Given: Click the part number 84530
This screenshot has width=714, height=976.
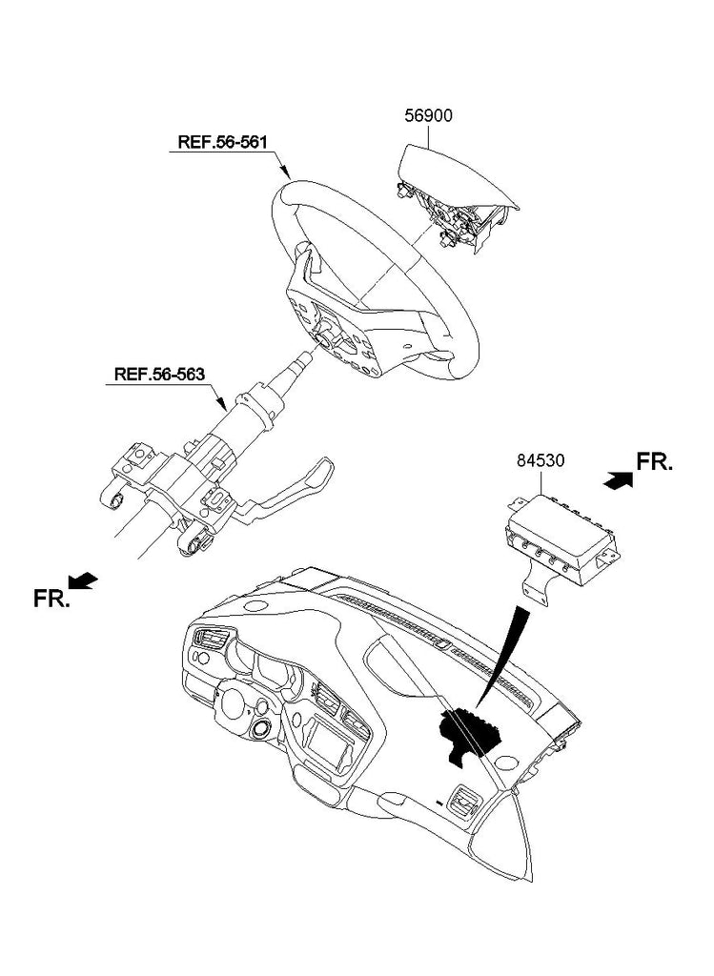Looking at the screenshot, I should pyautogui.click(x=541, y=460).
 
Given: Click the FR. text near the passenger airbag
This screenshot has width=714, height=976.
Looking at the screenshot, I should pyautogui.click(x=655, y=462).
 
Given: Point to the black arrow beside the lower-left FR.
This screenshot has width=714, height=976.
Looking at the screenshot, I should pyautogui.click(x=84, y=579).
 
